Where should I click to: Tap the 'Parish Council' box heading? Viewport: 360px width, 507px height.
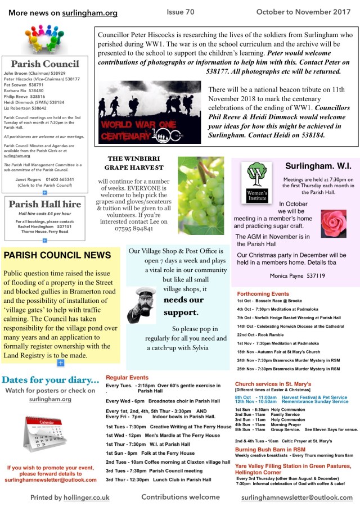coord(44,64)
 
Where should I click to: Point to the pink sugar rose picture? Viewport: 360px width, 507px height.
coord(333,223)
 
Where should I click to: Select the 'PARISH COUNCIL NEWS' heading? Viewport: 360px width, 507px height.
coord(57,255)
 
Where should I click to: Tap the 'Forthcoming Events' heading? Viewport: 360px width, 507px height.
coord(263,294)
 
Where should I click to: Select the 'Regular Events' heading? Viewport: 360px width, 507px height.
coord(127,378)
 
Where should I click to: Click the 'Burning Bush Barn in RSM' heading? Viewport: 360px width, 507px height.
coord(270,449)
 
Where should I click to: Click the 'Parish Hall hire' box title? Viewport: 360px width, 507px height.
coord(44,204)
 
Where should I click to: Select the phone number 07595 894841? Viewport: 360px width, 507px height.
coord(136,229)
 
